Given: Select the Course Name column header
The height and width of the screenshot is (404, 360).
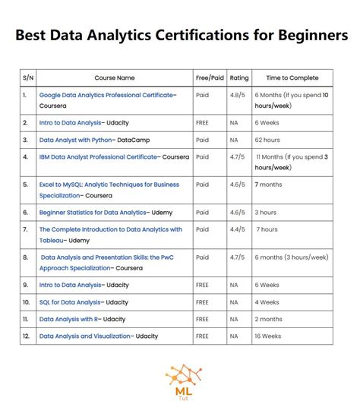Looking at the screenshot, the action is (x=114, y=77).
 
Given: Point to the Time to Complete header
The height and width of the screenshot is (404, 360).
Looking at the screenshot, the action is (x=292, y=77).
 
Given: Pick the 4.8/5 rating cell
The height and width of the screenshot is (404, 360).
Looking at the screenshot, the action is (x=237, y=95).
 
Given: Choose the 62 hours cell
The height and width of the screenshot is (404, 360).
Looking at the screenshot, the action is (x=267, y=140).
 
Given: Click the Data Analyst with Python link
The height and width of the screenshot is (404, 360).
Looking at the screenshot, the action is (x=77, y=140).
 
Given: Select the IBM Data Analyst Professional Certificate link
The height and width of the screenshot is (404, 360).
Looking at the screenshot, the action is (x=99, y=157).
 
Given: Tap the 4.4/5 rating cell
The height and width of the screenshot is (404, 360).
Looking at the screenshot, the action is (x=237, y=229).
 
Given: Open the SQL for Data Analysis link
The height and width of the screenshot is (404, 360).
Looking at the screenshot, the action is (x=70, y=301).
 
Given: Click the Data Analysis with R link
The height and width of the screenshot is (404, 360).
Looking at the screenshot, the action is (x=69, y=319).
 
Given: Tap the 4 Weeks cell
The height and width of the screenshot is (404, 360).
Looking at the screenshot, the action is (x=268, y=301).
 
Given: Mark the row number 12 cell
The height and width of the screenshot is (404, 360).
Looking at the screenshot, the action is (x=26, y=336).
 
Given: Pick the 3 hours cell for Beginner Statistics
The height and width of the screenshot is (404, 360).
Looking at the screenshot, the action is (x=266, y=212).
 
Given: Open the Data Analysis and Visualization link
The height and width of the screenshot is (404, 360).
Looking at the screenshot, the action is (x=84, y=336).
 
